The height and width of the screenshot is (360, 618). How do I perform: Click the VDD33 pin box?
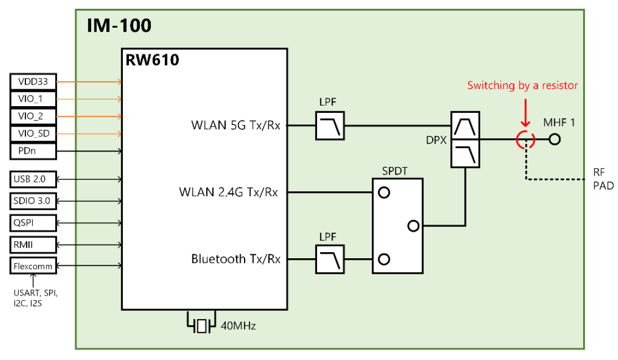(x=33, y=82)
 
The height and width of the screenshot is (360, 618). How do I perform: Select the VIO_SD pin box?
(x=33, y=134)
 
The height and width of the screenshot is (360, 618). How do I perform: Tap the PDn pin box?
(x=33, y=150)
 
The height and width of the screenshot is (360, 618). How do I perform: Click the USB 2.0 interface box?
(x=33, y=179)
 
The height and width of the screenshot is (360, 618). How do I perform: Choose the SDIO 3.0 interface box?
(x=33, y=201)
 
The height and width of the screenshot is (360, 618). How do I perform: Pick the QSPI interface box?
(x=33, y=223)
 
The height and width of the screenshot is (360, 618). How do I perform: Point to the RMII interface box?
(x=33, y=244)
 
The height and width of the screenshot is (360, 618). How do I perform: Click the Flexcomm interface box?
(x=33, y=266)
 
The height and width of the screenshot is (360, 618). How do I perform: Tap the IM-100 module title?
(x=119, y=25)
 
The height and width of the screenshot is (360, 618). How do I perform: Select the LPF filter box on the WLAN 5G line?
(x=330, y=126)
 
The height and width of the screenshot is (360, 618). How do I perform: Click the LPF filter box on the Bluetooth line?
(x=330, y=259)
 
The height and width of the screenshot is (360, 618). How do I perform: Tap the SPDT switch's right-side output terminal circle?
(x=413, y=226)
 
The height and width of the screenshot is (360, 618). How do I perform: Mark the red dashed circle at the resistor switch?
(x=524, y=140)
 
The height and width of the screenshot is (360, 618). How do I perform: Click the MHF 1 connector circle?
(x=554, y=140)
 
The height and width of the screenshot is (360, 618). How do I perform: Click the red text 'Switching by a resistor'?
(x=522, y=85)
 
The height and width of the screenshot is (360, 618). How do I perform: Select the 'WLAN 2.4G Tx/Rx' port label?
(x=228, y=192)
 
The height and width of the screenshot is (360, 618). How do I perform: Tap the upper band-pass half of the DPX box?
(x=464, y=126)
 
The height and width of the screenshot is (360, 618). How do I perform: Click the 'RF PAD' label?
(x=602, y=180)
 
